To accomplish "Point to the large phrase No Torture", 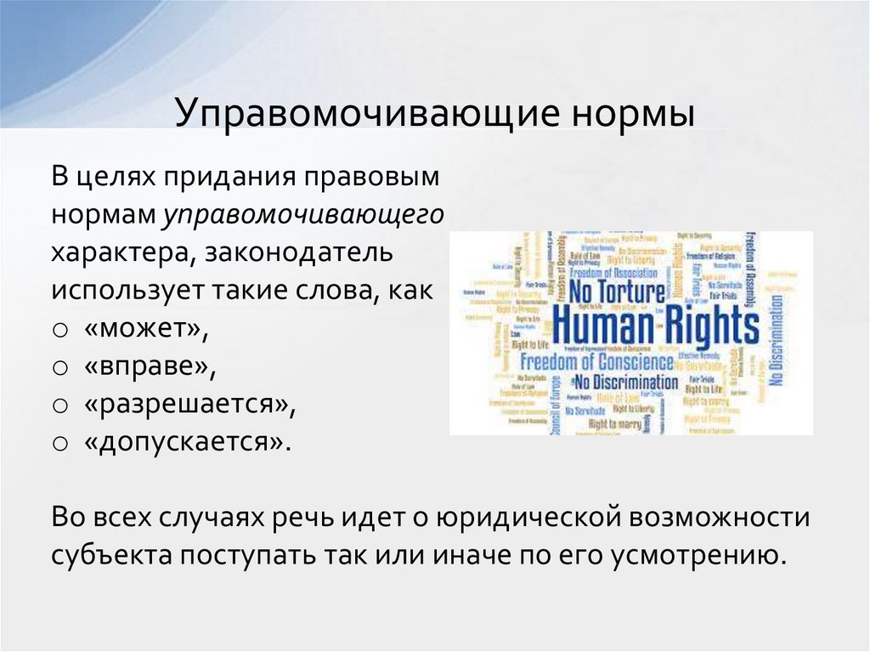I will pos(617,292).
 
